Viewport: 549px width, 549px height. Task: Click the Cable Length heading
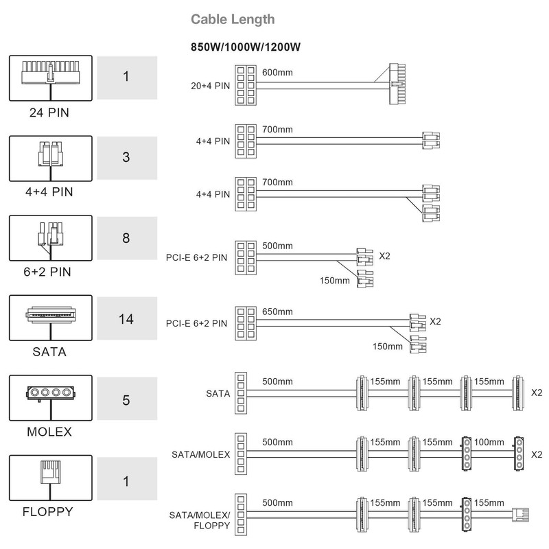pos(232,19)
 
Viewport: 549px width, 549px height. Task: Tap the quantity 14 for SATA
pos(126,319)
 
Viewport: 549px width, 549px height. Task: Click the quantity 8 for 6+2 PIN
pos(126,238)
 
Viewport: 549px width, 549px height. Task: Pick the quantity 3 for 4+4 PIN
pos(126,157)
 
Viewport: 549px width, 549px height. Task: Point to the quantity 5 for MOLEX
pos(126,399)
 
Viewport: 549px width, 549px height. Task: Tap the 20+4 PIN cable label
pos(210,86)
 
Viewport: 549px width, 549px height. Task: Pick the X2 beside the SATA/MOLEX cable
pos(537,454)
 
